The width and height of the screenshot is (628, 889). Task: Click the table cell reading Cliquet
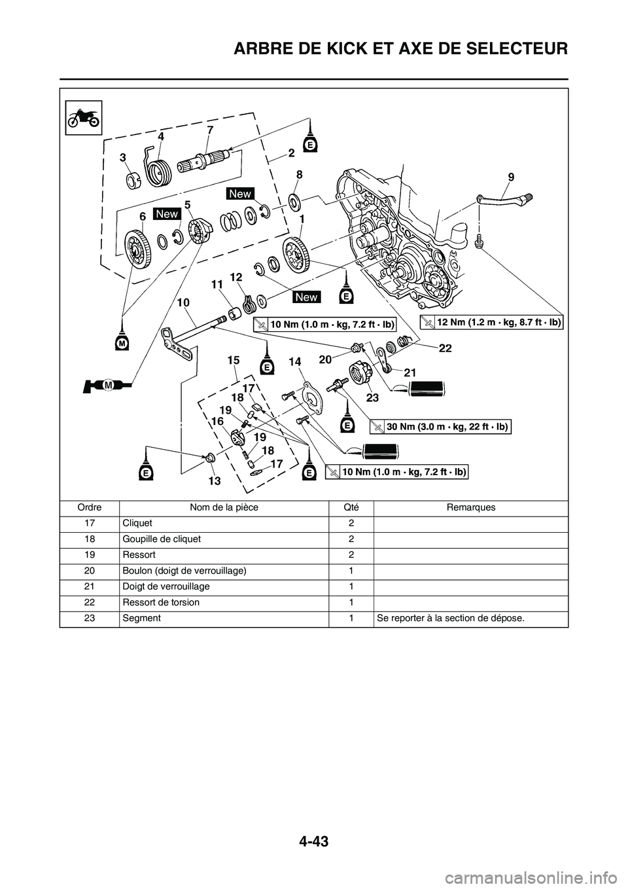pyautogui.click(x=137, y=524)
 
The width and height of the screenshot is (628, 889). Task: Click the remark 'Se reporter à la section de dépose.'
pyautogui.click(x=449, y=618)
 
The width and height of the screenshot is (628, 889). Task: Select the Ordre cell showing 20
pyautogui.click(x=89, y=571)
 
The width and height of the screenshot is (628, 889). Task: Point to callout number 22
pyautogui.click(x=445, y=350)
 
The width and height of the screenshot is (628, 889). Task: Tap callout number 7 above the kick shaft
pyautogui.click(x=209, y=130)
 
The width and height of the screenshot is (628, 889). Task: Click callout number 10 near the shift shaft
pyautogui.click(x=183, y=303)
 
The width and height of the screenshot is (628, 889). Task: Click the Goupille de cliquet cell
pyautogui.click(x=161, y=539)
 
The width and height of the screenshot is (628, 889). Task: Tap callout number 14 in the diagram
pyautogui.click(x=294, y=361)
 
